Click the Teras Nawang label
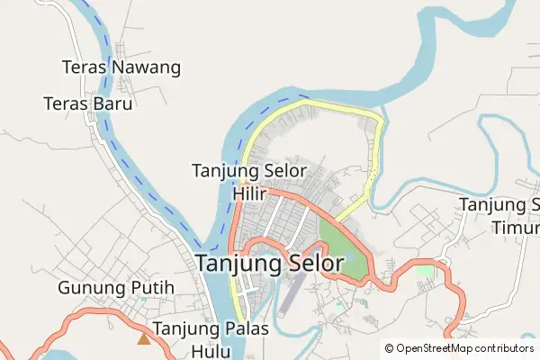coord(121,67)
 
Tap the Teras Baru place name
coord(88,103)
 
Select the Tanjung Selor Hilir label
coord(249,181)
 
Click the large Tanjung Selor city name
coord(270,264)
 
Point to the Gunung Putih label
coord(115,289)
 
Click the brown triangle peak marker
coord(143,338)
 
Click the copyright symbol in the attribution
coord(390,348)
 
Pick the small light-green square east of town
coord(424,271)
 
